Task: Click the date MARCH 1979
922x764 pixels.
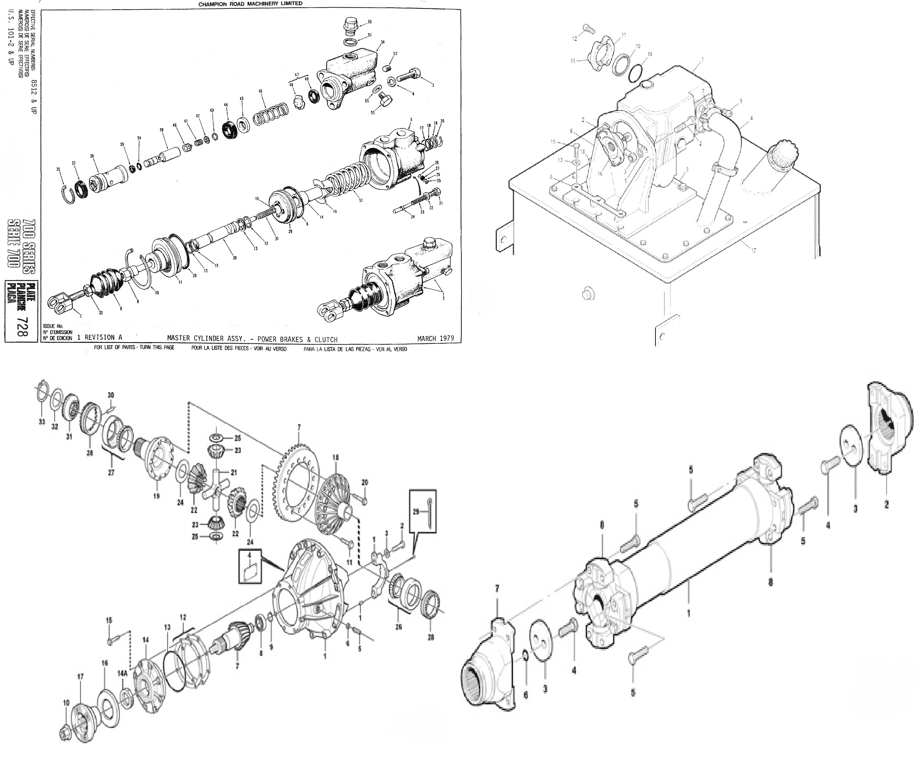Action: [x=435, y=339]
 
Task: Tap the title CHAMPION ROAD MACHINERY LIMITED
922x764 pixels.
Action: [x=250, y=3]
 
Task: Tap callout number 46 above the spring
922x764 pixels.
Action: [x=260, y=91]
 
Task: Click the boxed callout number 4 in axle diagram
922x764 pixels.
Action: [x=250, y=567]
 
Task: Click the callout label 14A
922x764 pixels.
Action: [x=122, y=673]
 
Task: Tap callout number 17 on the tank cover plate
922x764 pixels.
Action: [x=753, y=251]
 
